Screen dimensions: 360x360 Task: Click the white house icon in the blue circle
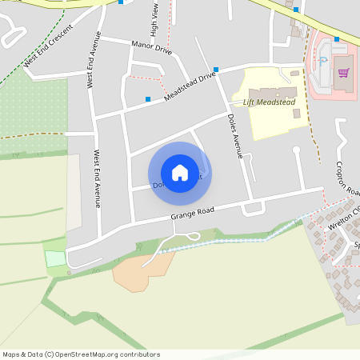tap(180, 173)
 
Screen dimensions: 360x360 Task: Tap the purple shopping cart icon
tap(344, 73)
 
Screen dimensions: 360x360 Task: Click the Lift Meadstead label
tap(269, 102)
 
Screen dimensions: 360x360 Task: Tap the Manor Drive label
tap(151, 48)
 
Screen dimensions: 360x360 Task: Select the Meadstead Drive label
tap(190, 86)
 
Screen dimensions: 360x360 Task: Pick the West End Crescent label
tap(48, 46)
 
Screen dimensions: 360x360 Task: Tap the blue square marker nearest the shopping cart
tap(337, 38)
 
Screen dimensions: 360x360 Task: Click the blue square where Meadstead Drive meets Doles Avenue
tap(216, 70)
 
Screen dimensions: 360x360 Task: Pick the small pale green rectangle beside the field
tap(54, 258)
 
